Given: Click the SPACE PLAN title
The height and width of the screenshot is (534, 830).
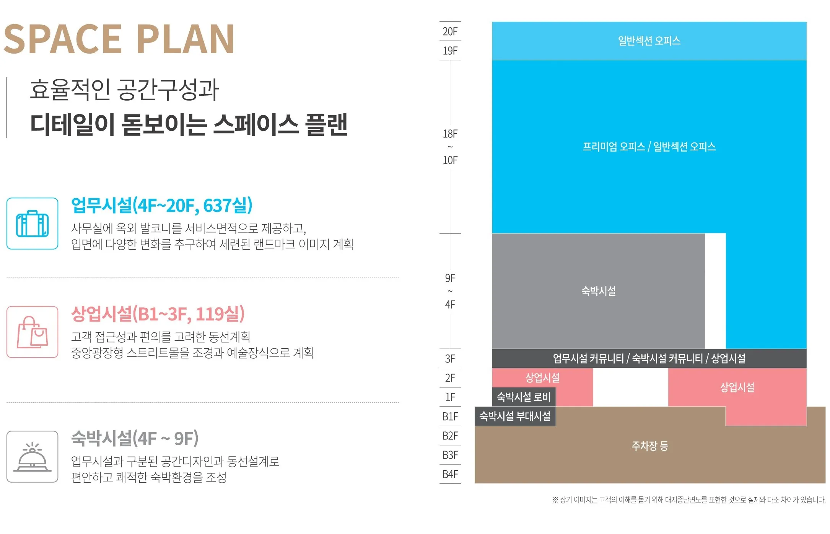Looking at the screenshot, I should click(x=119, y=39).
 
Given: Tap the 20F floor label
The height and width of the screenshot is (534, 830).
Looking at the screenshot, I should click(x=450, y=31).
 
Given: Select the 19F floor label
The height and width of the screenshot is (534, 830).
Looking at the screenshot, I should click(x=450, y=51).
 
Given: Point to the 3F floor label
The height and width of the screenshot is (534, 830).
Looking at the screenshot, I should click(x=450, y=359).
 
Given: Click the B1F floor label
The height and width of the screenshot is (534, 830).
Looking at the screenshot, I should click(x=450, y=416).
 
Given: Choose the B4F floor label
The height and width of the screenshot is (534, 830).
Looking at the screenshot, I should click(x=450, y=474).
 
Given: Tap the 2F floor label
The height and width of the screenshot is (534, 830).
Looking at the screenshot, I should click(x=450, y=378).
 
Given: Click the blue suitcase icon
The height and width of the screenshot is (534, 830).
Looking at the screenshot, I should click(x=33, y=224).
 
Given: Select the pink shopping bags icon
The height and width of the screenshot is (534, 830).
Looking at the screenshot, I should click(x=33, y=332).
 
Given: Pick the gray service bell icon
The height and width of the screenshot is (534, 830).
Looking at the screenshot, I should click(x=33, y=457).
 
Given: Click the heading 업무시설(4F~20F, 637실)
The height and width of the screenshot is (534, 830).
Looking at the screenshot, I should click(x=162, y=206).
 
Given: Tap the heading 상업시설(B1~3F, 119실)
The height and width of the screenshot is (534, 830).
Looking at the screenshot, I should click(x=158, y=314).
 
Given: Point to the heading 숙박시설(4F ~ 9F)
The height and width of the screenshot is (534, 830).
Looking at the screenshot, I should click(x=135, y=439).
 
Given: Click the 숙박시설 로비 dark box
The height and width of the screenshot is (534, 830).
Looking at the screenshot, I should click(x=523, y=397).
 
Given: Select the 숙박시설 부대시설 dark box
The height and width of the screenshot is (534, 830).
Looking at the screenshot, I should click(x=515, y=416).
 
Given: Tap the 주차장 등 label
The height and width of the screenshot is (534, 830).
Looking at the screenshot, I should click(x=649, y=446).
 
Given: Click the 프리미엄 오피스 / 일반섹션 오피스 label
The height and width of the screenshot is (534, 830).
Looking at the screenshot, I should click(x=649, y=147).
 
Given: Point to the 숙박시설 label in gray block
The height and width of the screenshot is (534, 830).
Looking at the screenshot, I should click(x=599, y=291).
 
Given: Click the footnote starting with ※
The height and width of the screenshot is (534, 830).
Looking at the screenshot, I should click(x=688, y=500).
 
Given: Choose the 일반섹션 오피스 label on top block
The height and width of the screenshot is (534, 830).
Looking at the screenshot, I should click(x=649, y=41).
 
